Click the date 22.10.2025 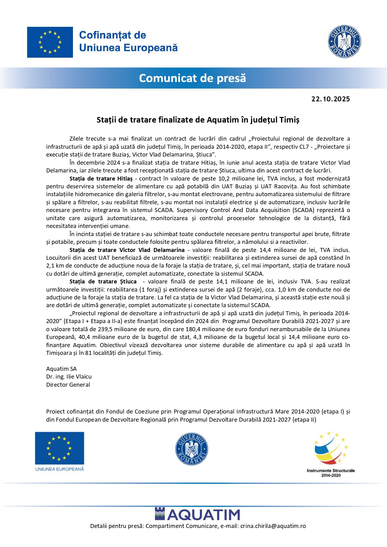pos(331,99)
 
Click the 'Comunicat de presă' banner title pos(192,78)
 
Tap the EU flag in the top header pos(50,42)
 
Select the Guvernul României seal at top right pos(344,41)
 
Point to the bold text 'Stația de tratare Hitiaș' pos(101,179)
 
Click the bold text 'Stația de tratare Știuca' pos(103,282)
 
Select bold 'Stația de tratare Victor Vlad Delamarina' pos(127,250)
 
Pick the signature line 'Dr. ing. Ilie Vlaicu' pos(69,377)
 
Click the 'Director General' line pos(68,385)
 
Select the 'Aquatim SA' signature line pos(61,369)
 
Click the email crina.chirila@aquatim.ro pos(273,526)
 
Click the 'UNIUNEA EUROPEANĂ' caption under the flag pos(60,469)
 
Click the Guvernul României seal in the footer pos(191,449)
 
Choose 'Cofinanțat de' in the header pos(113,35)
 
